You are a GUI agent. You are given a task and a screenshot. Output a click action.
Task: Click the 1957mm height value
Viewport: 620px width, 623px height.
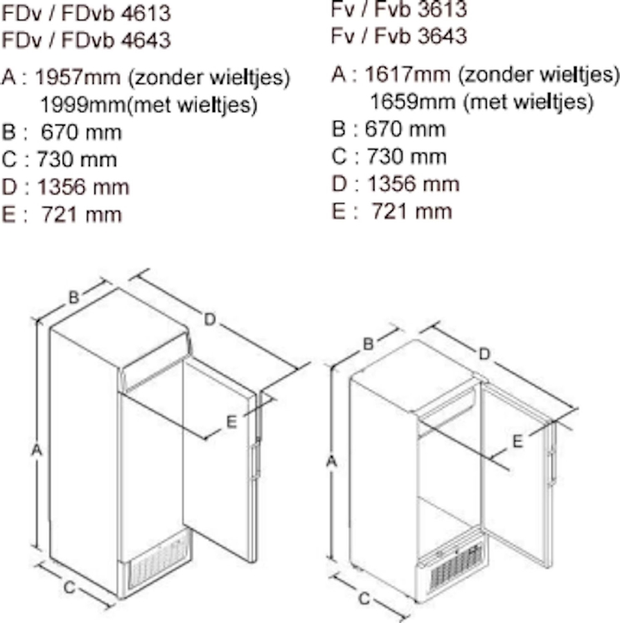78,77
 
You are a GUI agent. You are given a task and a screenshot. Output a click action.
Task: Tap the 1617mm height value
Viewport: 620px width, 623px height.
407,74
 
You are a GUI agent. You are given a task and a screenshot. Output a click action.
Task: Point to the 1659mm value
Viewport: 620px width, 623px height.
413,101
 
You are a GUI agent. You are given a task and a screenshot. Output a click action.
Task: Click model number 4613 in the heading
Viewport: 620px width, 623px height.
145,13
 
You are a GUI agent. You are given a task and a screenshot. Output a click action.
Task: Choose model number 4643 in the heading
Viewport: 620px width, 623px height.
145,39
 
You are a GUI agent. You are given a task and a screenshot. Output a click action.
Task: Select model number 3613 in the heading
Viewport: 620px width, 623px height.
442,9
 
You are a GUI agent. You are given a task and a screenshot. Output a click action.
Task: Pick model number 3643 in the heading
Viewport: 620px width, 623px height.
442,36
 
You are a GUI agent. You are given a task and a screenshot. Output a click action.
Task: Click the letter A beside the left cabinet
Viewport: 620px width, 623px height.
37,451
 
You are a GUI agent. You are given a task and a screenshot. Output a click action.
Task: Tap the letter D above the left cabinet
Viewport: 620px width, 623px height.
210,319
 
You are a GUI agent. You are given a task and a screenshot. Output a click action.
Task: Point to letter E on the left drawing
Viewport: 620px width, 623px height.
231,422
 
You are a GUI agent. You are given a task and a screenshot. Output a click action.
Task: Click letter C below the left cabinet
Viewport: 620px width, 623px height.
69,587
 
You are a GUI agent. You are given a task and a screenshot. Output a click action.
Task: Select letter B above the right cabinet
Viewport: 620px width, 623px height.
369,344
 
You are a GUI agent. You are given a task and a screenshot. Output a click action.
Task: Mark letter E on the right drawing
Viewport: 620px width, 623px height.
517,442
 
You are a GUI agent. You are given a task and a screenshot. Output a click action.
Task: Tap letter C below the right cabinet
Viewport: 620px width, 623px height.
364,599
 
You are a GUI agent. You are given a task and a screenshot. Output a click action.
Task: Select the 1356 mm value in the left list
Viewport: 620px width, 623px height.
83,187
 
